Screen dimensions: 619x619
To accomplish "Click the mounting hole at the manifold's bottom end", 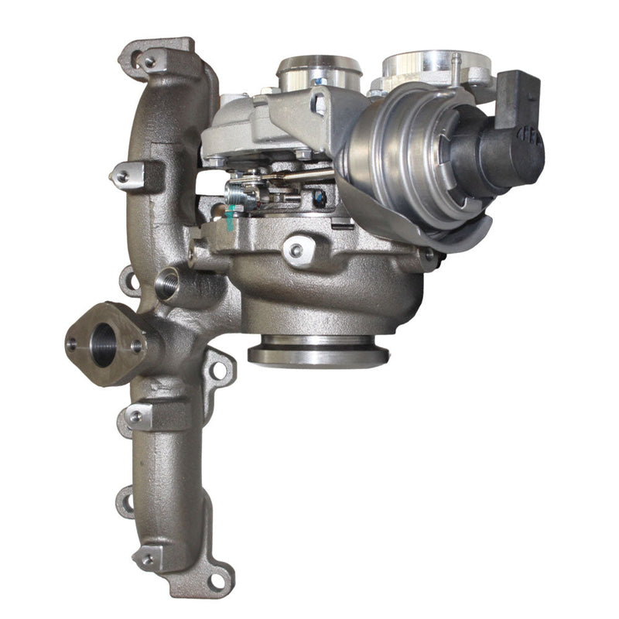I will tap(221, 576).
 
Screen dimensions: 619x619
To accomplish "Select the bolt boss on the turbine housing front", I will tap(295, 250).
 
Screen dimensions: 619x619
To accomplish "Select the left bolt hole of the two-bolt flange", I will tap(76, 338).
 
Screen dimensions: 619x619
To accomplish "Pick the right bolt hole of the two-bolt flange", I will tap(135, 347).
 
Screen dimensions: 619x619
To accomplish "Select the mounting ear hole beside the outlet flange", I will tap(219, 368).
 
